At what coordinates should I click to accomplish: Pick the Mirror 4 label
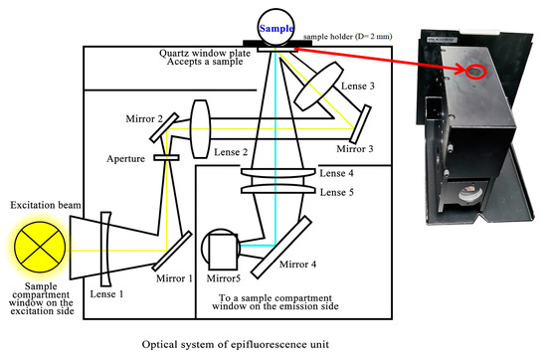300,266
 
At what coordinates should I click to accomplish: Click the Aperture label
127,158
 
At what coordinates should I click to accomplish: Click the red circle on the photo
474,73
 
